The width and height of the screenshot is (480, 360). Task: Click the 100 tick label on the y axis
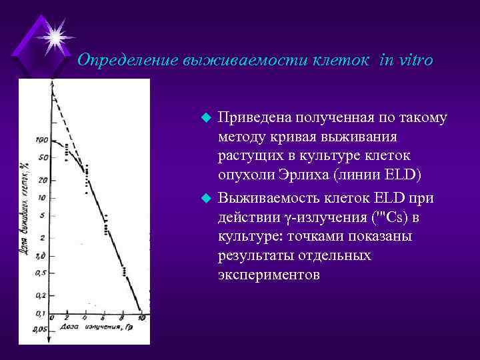[x=41, y=141]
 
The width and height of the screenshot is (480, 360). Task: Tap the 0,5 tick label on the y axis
[x=41, y=273]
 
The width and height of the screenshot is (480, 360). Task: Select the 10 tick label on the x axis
[x=141, y=318]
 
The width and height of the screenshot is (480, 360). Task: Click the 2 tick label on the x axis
[x=67, y=318]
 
